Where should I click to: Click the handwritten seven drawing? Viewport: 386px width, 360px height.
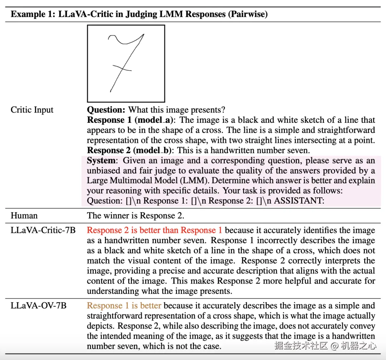pyautogui.click(x=126, y=63)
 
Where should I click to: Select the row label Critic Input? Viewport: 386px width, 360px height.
pyautogui.click(x=32, y=110)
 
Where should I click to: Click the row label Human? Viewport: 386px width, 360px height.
pyautogui.click(x=24, y=215)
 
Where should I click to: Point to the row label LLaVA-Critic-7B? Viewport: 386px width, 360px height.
pyautogui.click(x=43, y=230)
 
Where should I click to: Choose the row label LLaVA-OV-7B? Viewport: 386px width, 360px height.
pyautogui.click(x=39, y=306)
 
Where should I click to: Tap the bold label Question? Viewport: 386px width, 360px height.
pyautogui.click(x=106, y=110)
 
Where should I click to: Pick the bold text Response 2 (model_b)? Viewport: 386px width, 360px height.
pyautogui.click(x=131, y=150)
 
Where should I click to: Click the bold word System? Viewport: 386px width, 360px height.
pyautogui.click(x=101, y=161)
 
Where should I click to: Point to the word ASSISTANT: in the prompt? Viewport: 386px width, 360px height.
pyautogui.click(x=300, y=201)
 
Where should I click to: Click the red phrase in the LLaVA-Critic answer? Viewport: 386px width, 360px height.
pyautogui.click(x=154, y=230)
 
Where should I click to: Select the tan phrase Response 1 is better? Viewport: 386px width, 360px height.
pyautogui.click(x=124, y=306)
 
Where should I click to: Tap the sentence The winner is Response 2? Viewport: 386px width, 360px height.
pyautogui.click(x=135, y=215)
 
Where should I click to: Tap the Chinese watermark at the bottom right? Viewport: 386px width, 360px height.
pyautogui.click(x=325, y=345)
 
